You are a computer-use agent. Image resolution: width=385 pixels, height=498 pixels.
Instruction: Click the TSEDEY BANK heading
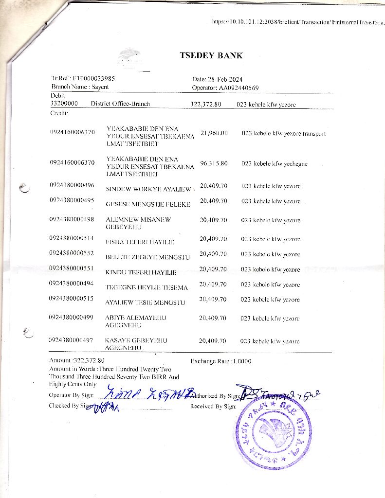click(211, 55)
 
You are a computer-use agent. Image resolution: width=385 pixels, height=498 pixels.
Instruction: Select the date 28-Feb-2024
click(225, 79)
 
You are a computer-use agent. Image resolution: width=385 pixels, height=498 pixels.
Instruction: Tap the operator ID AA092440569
click(237, 88)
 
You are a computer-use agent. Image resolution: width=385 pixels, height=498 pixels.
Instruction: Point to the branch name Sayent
click(100, 87)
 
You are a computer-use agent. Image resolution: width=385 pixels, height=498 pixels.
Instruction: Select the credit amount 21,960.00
click(214, 133)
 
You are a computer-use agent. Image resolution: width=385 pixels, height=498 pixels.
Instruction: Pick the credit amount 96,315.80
click(214, 163)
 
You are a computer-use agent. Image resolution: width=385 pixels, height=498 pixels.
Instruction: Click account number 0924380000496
click(72, 185)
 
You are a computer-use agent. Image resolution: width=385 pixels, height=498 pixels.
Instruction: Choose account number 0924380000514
click(72, 238)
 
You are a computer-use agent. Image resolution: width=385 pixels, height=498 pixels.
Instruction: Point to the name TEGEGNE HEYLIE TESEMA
click(147, 287)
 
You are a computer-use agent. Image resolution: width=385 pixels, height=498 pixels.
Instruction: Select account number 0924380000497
click(72, 340)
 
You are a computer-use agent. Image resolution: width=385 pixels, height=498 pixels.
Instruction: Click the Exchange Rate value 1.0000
click(242, 361)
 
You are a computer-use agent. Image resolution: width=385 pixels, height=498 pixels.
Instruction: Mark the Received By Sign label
click(213, 406)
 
